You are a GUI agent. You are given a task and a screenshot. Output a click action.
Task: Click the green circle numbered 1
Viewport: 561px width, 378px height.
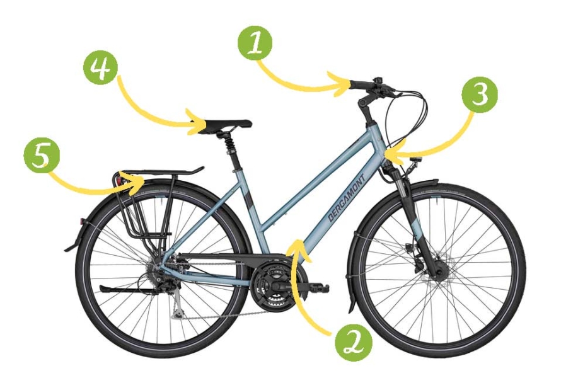tap(255, 43)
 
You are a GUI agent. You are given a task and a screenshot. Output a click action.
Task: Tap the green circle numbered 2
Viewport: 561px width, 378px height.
tap(353, 343)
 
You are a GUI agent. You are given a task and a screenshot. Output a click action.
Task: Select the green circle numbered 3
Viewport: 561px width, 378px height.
tap(480, 94)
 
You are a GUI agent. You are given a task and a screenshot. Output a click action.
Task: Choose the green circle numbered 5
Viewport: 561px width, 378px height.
tap(41, 157)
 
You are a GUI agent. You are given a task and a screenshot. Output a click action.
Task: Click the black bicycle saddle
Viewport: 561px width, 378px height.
tap(226, 126)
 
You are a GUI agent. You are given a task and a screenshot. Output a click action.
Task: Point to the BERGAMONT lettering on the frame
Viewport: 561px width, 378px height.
tap(346, 198)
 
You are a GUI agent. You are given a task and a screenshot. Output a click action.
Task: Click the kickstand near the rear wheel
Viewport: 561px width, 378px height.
tap(127, 290)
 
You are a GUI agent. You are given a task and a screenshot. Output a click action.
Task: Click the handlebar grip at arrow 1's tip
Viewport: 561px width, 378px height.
tap(361, 85)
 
